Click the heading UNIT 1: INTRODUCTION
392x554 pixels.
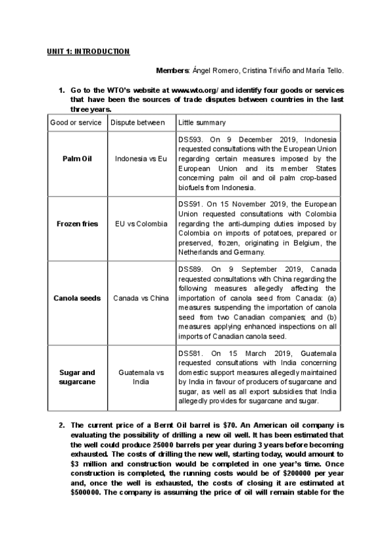click(x=88, y=51)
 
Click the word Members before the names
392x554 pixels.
click(x=172, y=70)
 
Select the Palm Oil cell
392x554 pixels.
click(x=76, y=159)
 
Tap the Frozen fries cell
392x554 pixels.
click(x=76, y=223)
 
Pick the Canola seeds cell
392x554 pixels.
click(x=76, y=298)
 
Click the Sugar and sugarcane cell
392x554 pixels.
click(x=76, y=377)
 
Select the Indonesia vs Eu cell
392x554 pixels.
click(x=141, y=159)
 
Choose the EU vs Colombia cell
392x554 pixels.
click(x=141, y=223)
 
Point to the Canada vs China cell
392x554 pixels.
click(x=141, y=298)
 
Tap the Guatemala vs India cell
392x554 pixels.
click(x=141, y=377)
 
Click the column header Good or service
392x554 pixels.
click(x=76, y=122)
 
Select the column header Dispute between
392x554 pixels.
click(x=138, y=122)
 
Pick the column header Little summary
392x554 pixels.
click(x=202, y=122)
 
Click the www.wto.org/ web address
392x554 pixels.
click(x=196, y=90)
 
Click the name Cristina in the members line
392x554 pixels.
click(x=259, y=70)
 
